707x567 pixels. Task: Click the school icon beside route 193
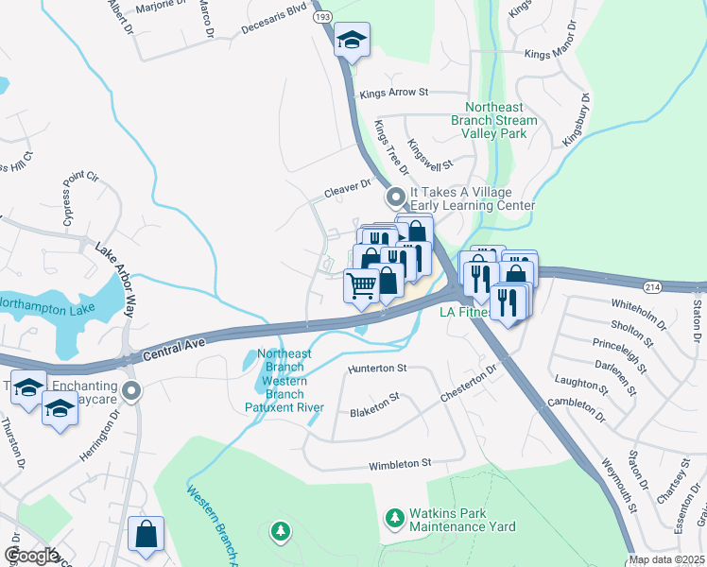[352, 40]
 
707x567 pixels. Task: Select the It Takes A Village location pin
[395, 198]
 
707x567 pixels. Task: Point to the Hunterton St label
[376, 368]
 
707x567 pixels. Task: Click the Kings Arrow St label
[394, 93]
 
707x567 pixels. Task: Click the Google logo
[31, 556]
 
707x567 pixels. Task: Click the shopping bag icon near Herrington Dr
[147, 534]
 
